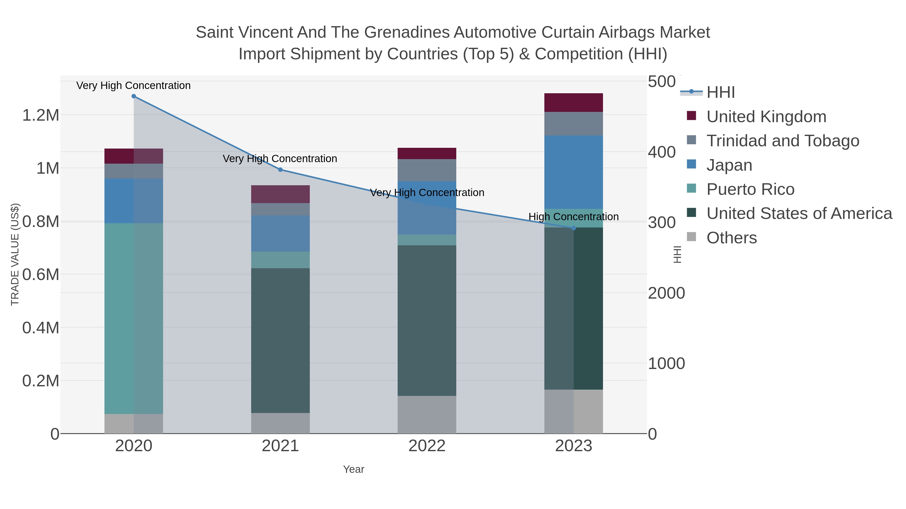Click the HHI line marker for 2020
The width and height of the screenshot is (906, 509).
pyautogui.click(x=134, y=96)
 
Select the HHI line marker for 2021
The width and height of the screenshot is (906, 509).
pyautogui.click(x=280, y=170)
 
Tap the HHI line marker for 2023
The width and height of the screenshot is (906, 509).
pyautogui.click(x=574, y=228)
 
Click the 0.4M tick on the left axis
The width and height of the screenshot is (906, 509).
pyautogui.click(x=41, y=328)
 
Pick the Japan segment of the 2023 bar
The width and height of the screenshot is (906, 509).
pyautogui.click(x=574, y=172)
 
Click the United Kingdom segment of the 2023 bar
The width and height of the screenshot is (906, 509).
pyautogui.click(x=574, y=103)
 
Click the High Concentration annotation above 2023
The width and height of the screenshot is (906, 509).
pyautogui.click(x=573, y=217)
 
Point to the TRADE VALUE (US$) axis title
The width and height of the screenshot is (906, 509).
pyautogui.click(x=15, y=255)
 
